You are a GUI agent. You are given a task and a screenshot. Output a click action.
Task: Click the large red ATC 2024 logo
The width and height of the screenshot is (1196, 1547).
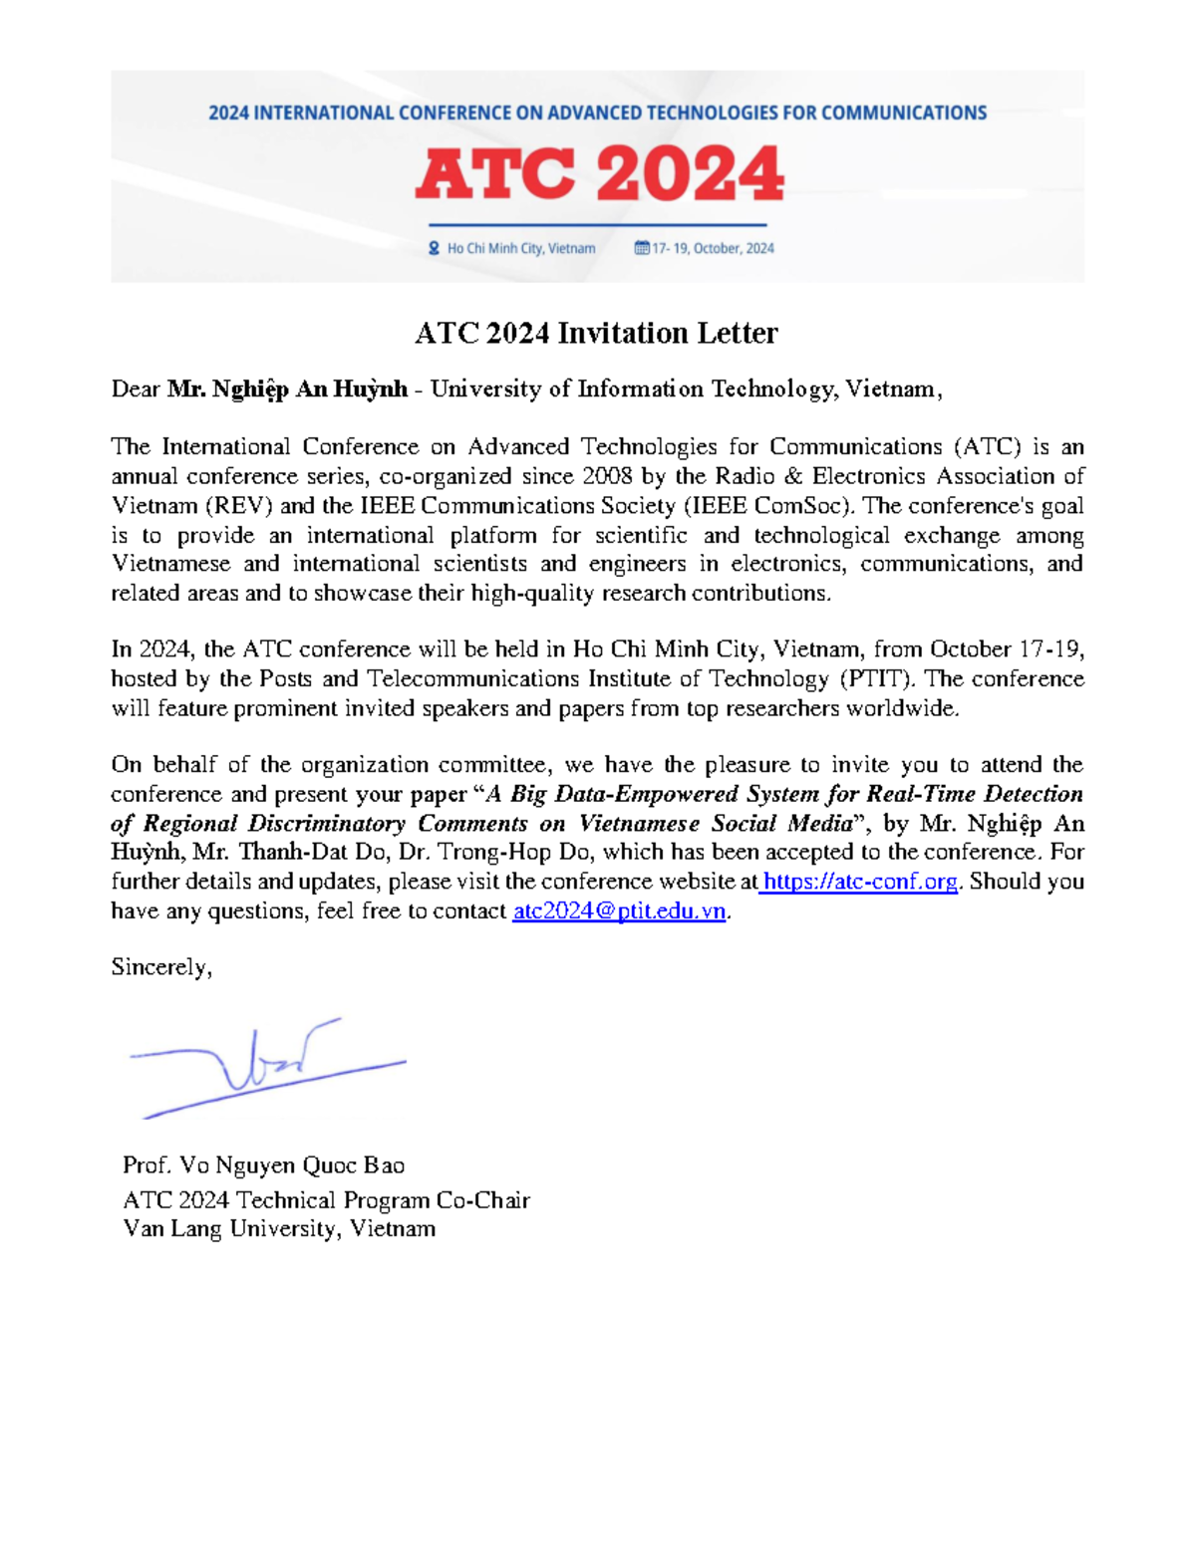tap(599, 174)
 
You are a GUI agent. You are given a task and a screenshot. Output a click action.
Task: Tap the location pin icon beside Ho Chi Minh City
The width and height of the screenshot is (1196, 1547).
tap(434, 248)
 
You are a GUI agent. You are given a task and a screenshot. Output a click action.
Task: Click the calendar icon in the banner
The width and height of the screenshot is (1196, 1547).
tap(642, 248)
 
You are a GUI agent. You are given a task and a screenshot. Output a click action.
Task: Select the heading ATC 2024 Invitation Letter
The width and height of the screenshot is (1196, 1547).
tap(596, 333)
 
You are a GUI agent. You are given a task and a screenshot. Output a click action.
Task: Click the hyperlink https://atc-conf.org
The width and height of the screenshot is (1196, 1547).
tap(860, 882)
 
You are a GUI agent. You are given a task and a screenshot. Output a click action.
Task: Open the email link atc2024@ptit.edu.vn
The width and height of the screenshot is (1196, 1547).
tap(618, 911)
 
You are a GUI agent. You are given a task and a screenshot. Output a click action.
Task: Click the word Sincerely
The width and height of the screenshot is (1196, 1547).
tap(160, 967)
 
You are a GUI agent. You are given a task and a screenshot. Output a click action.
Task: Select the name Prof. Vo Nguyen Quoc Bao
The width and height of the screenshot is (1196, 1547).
tap(263, 1164)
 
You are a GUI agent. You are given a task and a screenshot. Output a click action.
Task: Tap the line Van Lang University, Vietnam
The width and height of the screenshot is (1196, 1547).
tap(279, 1228)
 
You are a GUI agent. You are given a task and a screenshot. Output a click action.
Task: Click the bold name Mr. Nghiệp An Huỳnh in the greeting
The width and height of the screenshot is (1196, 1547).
tap(287, 389)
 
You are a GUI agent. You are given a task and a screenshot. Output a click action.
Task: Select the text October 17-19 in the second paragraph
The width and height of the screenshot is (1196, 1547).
tap(1005, 649)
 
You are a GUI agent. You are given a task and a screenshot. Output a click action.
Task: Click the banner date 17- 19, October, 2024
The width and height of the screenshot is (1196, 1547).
tap(713, 248)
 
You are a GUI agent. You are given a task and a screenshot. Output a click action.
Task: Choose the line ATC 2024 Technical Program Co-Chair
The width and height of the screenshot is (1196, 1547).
tap(326, 1199)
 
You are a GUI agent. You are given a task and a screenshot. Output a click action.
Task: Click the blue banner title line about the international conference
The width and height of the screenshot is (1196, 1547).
tap(597, 114)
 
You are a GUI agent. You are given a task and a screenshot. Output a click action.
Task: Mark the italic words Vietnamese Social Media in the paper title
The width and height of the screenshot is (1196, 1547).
tap(716, 824)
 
